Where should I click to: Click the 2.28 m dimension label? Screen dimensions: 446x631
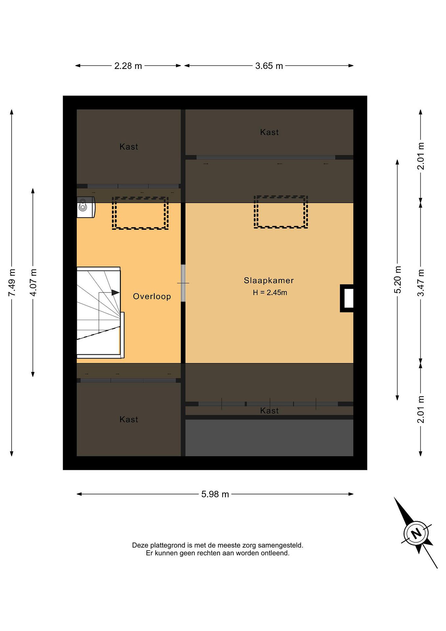tap(128, 66)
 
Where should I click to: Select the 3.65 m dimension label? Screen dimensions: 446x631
tap(269, 66)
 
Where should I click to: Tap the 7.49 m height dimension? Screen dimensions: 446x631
tap(12, 282)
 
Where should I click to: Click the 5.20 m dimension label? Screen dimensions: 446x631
tap(397, 280)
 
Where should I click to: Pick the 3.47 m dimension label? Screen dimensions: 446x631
tap(420, 282)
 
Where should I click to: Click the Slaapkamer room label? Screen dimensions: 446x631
tap(269, 281)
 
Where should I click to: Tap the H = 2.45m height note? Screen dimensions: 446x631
tap(270, 292)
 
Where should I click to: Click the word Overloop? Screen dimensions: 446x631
tap(152, 296)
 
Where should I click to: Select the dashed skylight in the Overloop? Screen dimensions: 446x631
tap(140, 213)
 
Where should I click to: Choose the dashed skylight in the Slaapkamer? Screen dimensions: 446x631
tap(281, 212)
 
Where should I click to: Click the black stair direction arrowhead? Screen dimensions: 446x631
tap(116, 293)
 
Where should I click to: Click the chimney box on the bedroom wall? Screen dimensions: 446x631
tap(347, 298)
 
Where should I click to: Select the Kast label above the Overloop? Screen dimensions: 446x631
tap(129, 147)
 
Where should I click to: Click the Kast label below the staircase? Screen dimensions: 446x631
tap(129, 420)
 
